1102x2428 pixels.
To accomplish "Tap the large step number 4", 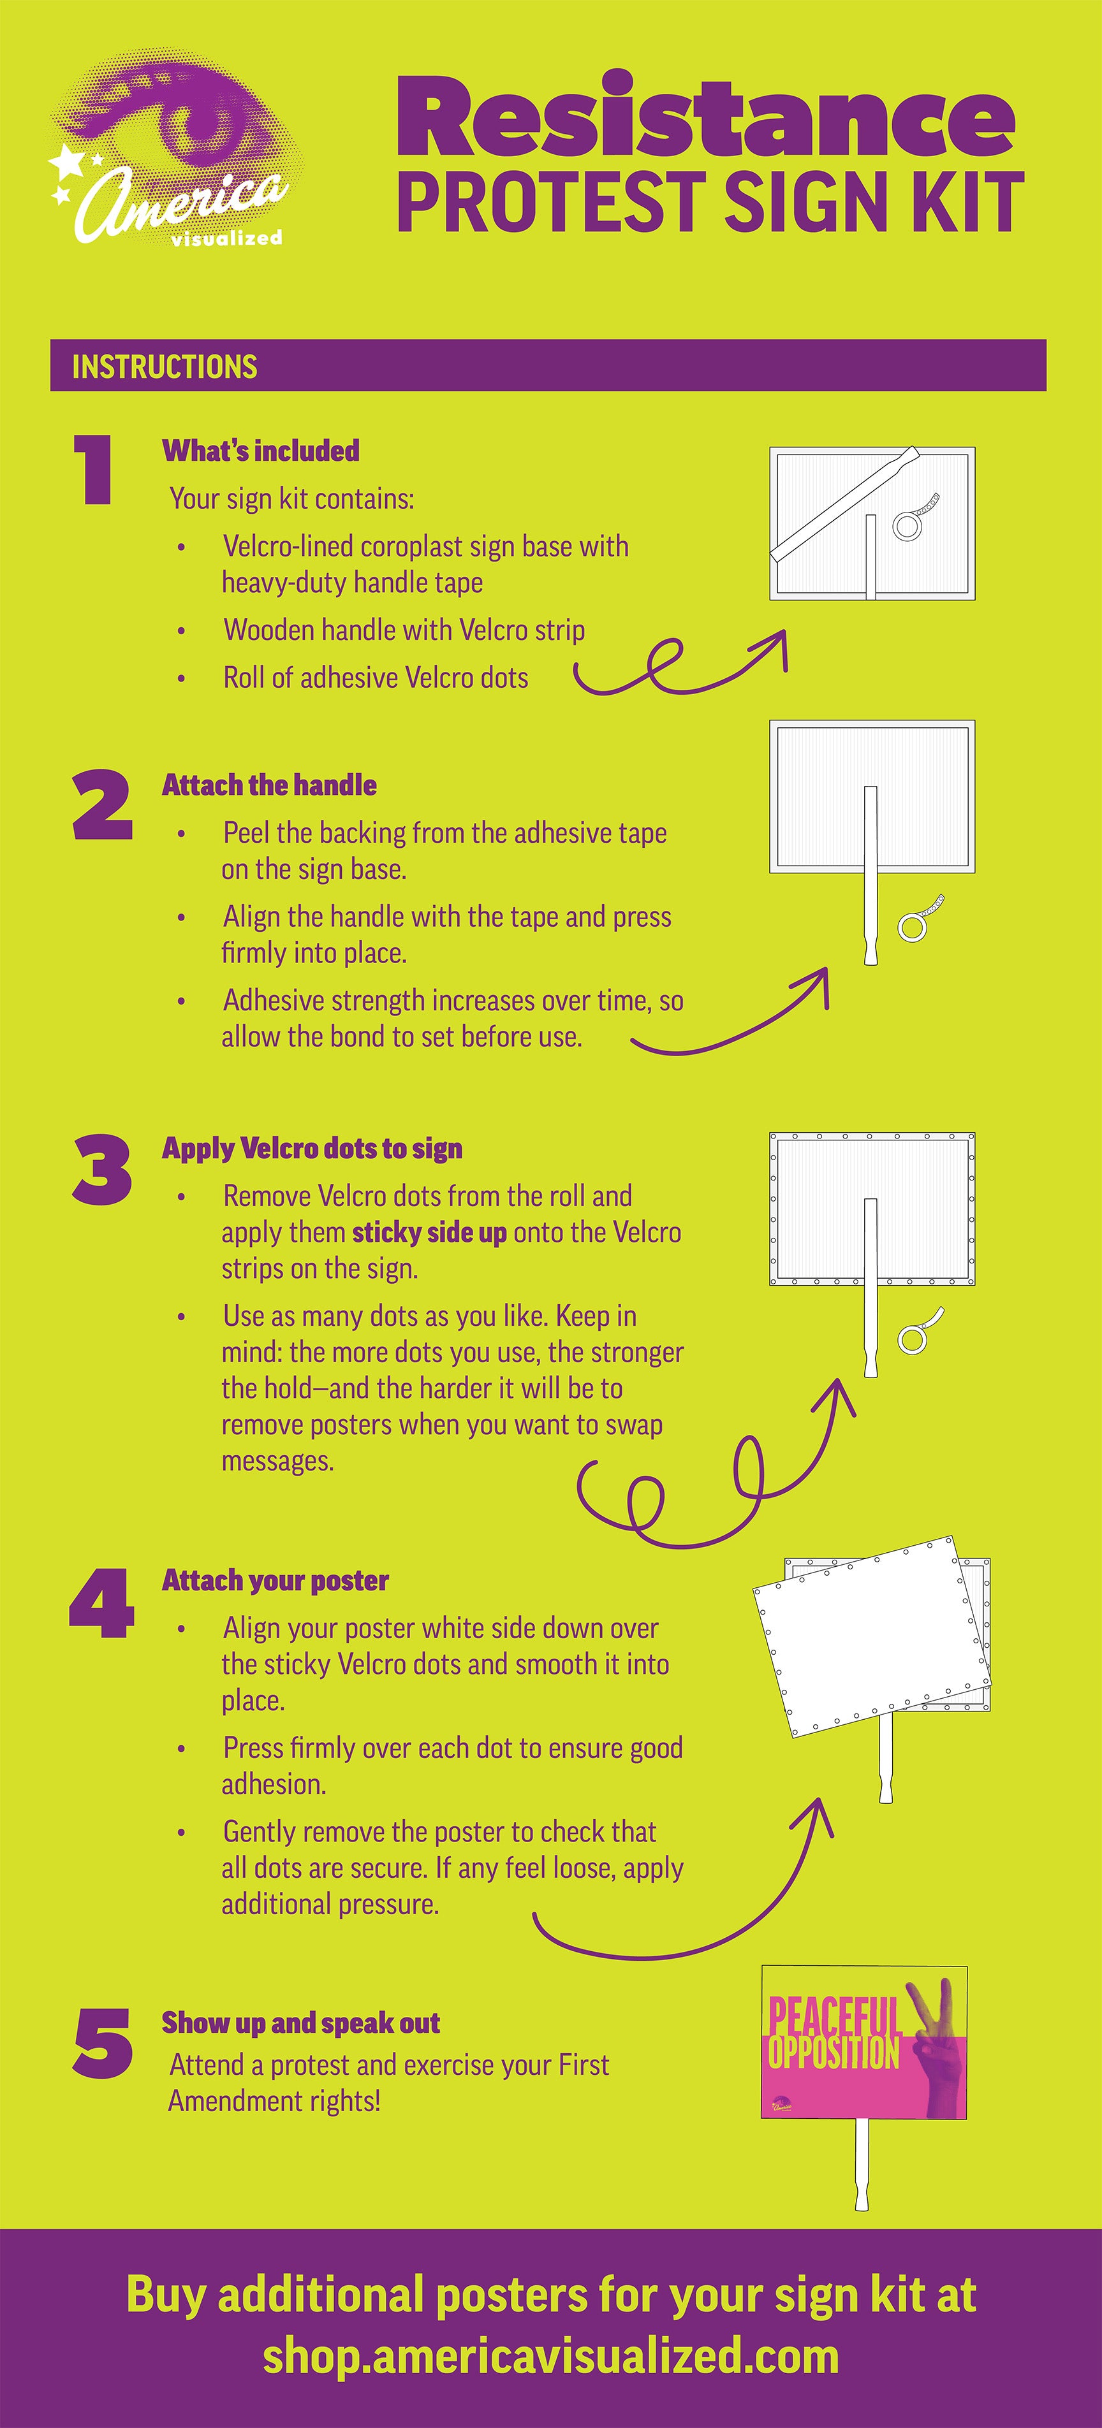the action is click(102, 1603).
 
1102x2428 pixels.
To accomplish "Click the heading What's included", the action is click(260, 451).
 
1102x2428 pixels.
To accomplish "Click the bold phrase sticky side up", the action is click(429, 1233).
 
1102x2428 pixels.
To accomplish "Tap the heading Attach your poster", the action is click(275, 1581).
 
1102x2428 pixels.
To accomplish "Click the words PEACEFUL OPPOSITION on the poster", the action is click(834, 2036).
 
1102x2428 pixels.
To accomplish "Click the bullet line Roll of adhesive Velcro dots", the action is click(375, 678).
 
